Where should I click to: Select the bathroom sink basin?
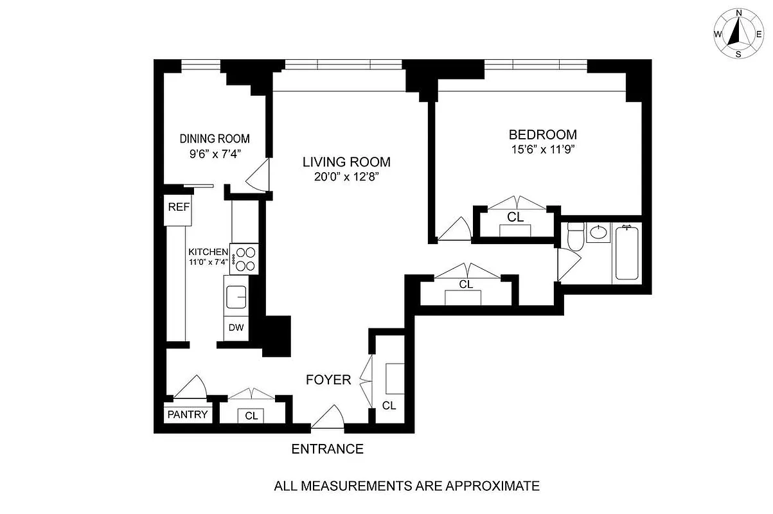[600, 232]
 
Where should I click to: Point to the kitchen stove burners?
[245, 259]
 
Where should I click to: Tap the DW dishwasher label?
[236, 328]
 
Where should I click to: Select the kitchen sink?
[237, 297]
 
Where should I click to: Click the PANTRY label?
[188, 414]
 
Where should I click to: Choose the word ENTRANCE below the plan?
[328, 449]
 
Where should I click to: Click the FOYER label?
[328, 380]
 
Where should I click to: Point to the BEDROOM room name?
[543, 135]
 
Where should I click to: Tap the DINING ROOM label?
[215, 139]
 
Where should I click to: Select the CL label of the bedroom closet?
[515, 217]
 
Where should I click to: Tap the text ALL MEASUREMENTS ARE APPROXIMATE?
[407, 486]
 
